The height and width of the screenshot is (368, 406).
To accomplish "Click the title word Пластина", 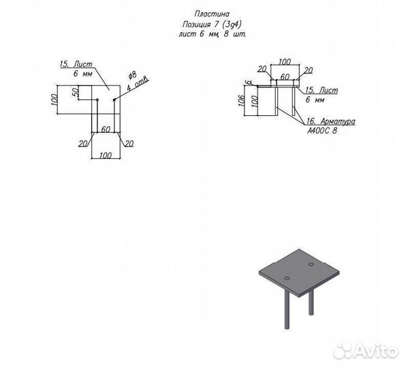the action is [x=212, y=14].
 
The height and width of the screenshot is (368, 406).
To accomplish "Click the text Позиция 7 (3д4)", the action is [x=212, y=25].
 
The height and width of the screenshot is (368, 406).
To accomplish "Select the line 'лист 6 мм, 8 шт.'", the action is [x=212, y=34].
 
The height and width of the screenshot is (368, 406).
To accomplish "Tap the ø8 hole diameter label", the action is [x=132, y=76].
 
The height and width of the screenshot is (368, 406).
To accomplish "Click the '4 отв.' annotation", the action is [x=138, y=83].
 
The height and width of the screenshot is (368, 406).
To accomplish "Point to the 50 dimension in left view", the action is [x=75, y=93].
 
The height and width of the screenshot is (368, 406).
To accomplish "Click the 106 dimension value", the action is [x=241, y=100].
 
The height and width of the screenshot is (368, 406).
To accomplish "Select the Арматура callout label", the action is [x=338, y=121].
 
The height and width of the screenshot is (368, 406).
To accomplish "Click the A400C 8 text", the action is [x=322, y=131].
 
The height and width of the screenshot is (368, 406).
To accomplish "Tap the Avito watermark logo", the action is [x=366, y=352].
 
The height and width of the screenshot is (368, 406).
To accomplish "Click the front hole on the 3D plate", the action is [x=287, y=279].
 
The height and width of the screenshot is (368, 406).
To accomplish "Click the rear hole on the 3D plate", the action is [x=311, y=264].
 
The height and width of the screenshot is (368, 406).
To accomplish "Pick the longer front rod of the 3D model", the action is [x=287, y=309].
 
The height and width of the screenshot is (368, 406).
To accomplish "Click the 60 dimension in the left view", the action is [x=106, y=129].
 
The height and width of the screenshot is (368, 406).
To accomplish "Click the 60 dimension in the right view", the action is [x=285, y=76].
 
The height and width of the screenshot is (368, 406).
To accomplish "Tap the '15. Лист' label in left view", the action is [x=76, y=64].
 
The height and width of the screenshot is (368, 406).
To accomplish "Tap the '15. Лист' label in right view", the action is [x=322, y=90].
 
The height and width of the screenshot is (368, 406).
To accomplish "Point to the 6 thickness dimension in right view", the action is [x=249, y=82].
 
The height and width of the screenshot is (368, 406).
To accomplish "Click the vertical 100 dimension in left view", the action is [x=55, y=99].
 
